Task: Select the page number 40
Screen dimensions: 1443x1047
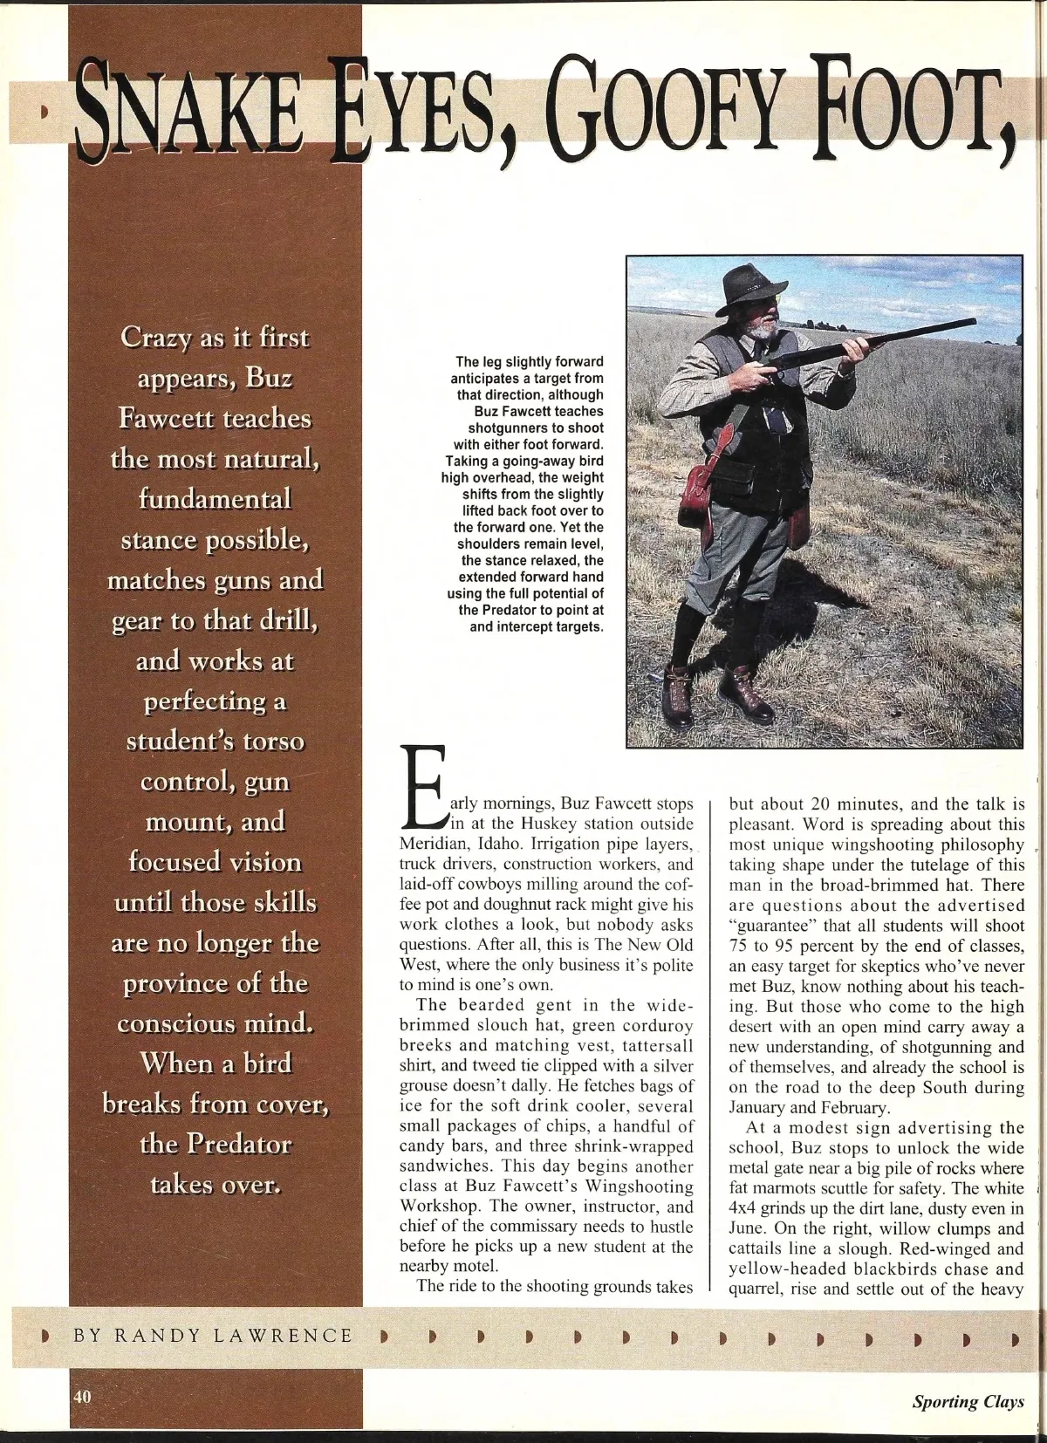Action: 82,1395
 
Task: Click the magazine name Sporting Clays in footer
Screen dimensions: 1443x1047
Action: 968,1402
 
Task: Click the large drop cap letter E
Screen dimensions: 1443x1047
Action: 424,785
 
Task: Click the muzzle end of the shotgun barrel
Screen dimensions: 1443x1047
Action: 970,324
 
